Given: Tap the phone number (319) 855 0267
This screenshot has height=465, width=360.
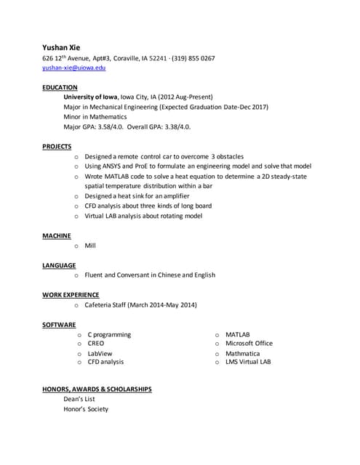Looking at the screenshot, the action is [193, 58].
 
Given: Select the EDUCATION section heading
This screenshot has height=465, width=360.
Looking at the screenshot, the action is [60, 87].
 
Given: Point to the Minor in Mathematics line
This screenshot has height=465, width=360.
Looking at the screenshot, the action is [95, 116].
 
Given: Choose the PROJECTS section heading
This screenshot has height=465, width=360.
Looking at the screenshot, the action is [57, 147].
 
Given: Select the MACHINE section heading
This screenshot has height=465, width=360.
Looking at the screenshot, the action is [57, 236].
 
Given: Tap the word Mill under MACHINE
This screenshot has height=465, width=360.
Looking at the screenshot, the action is [90, 246].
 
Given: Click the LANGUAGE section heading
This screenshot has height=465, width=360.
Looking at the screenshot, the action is [59, 265].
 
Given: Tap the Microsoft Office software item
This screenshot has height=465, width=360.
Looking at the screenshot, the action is [249, 344].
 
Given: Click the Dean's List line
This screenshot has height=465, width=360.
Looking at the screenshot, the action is [79, 399].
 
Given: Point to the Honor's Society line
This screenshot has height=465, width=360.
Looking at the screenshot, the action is [86, 409].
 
